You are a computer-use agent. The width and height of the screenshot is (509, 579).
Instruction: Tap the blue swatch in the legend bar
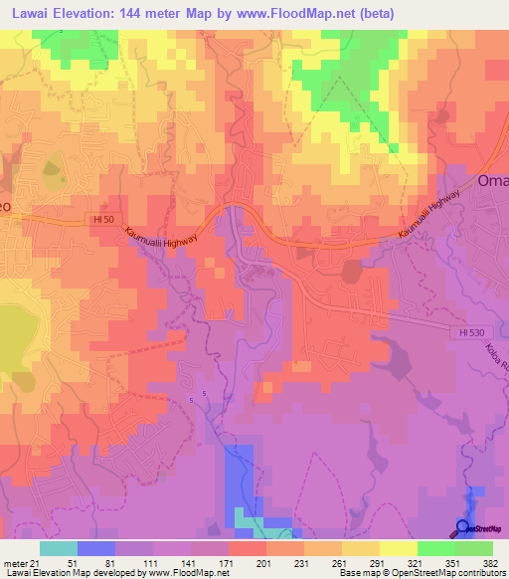click(95, 548)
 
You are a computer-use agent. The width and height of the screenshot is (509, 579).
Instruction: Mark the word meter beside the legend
click(13, 562)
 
